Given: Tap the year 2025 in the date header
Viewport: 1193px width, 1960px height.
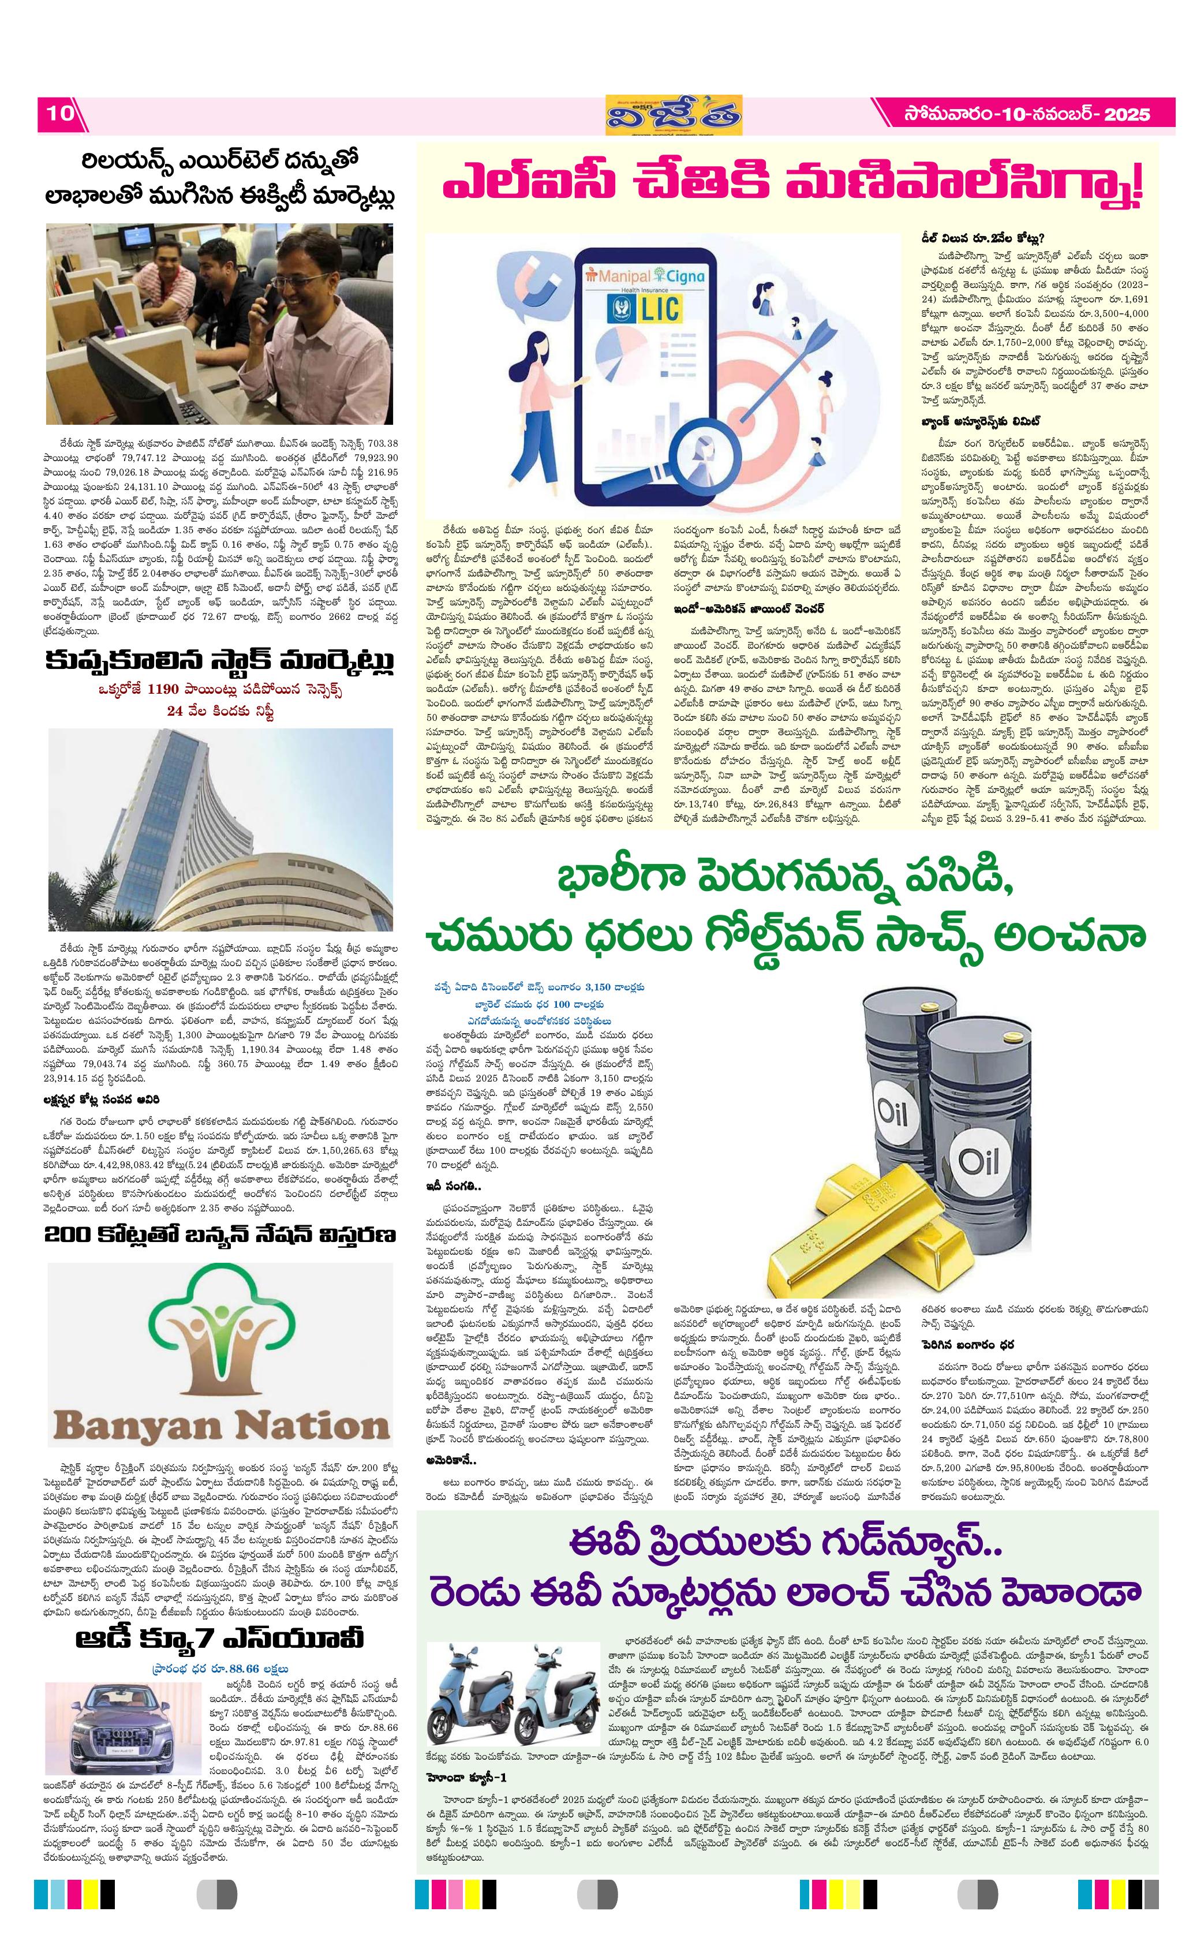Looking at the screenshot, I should (x=1127, y=114).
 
